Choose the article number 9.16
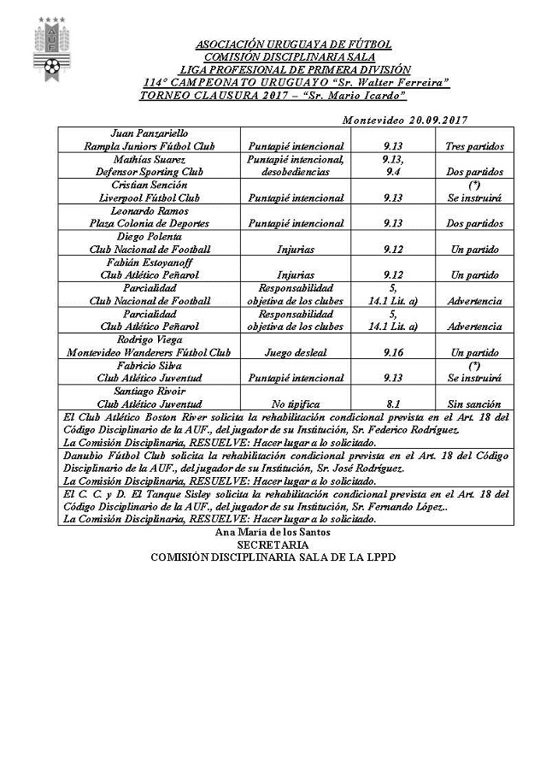pyautogui.click(x=393, y=351)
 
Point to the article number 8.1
pyautogui.click(x=393, y=403)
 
